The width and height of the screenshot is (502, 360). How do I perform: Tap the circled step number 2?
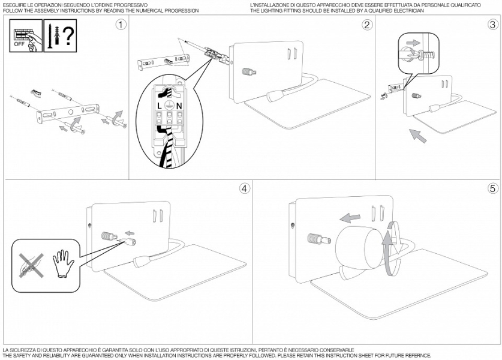[x=367, y=25]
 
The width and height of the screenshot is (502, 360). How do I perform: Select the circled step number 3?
[x=492, y=25]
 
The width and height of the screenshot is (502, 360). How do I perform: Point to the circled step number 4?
[x=244, y=188]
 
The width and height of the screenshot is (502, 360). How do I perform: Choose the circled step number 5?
[x=492, y=188]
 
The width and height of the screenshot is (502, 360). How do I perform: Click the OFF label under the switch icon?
[x=20, y=44]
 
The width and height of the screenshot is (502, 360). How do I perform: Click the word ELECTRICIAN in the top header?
[x=410, y=11]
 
